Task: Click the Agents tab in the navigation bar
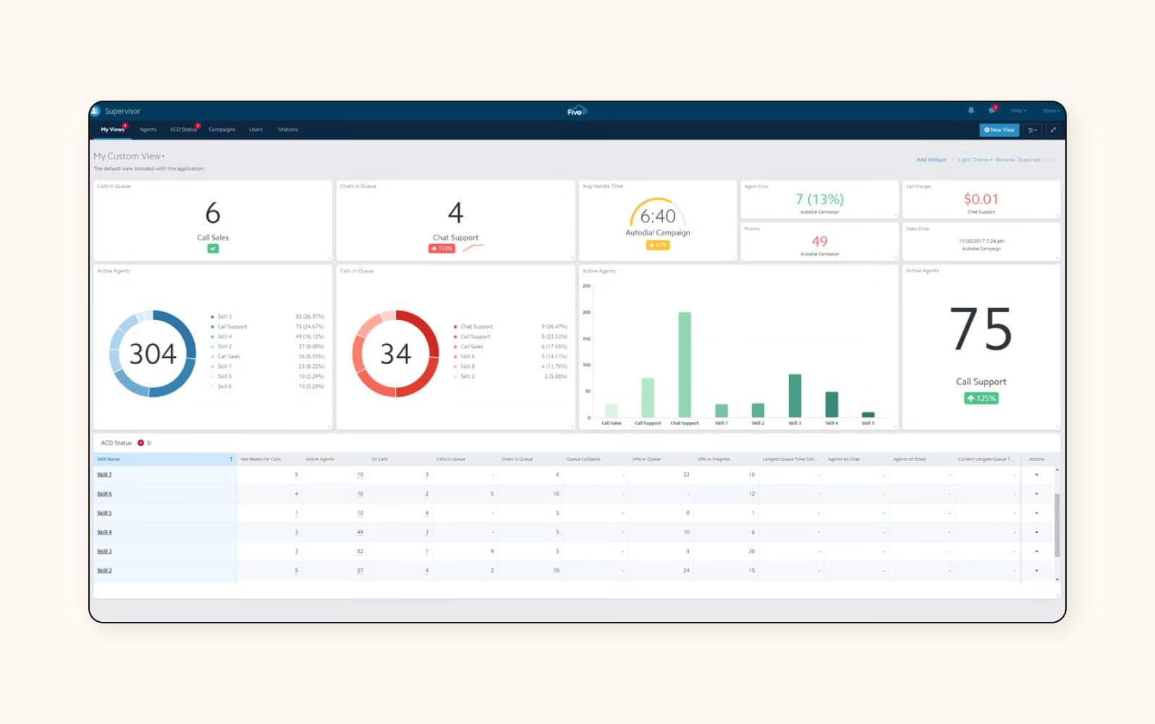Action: (x=148, y=130)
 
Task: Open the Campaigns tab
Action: (x=221, y=130)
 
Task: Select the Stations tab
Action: (x=288, y=130)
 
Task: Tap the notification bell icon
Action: (x=971, y=111)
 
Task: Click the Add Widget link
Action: (x=931, y=160)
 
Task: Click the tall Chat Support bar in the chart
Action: (x=684, y=364)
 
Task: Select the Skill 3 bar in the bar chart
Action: (x=795, y=395)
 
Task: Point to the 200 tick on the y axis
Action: (x=587, y=313)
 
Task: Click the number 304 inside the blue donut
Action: (x=153, y=354)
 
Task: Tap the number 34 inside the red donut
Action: (x=396, y=354)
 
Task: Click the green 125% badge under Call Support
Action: (x=981, y=398)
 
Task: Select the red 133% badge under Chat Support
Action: (x=441, y=248)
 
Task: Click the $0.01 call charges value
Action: (x=981, y=199)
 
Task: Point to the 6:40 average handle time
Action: (x=658, y=216)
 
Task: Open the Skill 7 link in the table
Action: (x=104, y=475)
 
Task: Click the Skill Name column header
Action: (x=109, y=459)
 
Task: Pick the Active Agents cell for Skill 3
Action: (x=360, y=552)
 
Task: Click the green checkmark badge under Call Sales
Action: (x=213, y=248)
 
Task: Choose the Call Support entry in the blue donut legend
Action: (x=232, y=327)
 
